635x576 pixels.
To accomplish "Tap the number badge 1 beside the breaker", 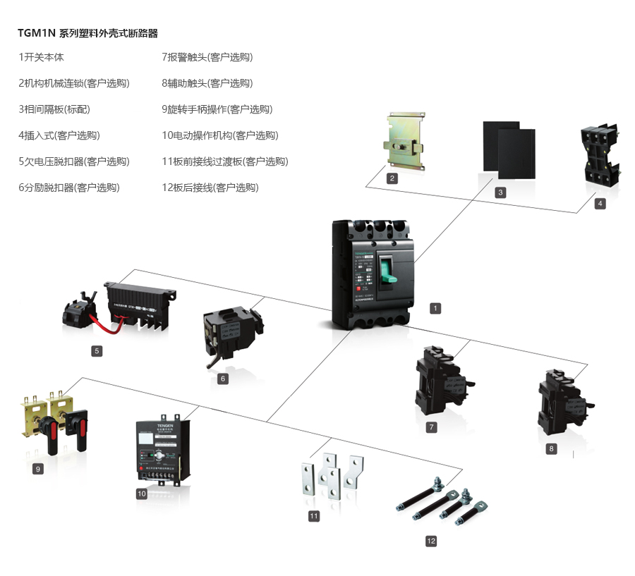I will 435,308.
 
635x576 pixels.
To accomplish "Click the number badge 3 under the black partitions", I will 500,192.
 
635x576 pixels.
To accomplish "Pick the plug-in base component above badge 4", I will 599,159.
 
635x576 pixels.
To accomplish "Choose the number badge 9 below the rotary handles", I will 38,468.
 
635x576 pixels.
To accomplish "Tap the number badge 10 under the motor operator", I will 141,494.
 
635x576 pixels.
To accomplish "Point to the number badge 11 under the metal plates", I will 314,516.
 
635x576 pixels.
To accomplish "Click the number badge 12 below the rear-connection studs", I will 431,541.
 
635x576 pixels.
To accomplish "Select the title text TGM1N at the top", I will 36,33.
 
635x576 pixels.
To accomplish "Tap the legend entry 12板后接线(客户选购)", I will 210,188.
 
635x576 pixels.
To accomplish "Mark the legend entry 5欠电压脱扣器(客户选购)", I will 74,161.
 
